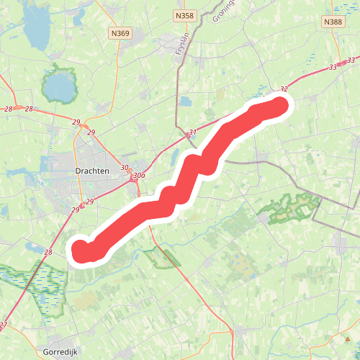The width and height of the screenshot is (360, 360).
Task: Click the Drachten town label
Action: (91, 171)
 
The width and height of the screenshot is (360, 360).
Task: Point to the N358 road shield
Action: (184, 14)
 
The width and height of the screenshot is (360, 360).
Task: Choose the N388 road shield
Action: (333, 22)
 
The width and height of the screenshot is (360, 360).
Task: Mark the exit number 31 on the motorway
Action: (192, 133)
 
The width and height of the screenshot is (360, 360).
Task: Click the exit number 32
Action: (284, 89)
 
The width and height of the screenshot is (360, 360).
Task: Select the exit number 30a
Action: (139, 175)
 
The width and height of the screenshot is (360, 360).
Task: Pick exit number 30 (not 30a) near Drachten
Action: (125, 168)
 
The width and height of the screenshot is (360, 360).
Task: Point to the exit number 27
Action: (4, 325)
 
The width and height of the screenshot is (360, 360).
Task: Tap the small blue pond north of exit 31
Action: (185, 102)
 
